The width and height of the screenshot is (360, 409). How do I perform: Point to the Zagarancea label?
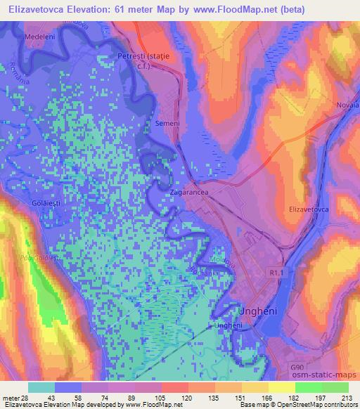coord(188,190)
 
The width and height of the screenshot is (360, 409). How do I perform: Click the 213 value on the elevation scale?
coord(348,398)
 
